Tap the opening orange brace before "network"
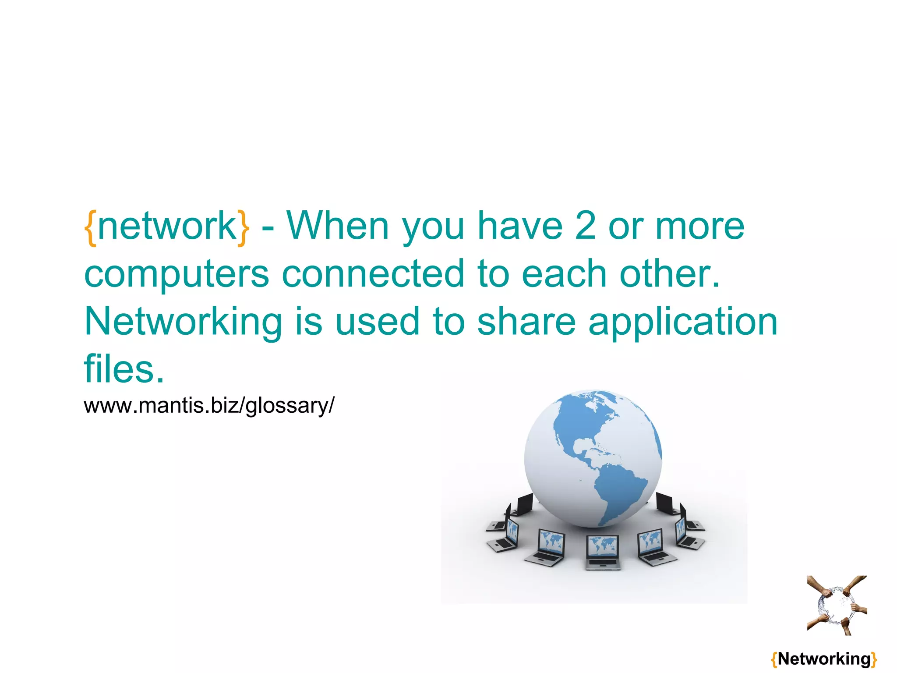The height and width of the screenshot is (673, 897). click(x=91, y=228)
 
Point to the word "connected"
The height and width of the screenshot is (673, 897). click(x=373, y=274)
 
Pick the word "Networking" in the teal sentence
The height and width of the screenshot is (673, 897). click(x=183, y=322)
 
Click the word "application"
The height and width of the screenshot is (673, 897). click(x=682, y=322)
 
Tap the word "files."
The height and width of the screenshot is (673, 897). click(x=124, y=369)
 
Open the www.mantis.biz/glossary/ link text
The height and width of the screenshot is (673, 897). click(x=209, y=405)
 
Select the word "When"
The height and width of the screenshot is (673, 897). click(x=338, y=226)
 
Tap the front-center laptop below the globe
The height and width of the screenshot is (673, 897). click(x=603, y=553)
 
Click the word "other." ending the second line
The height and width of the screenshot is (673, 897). click(x=670, y=274)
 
